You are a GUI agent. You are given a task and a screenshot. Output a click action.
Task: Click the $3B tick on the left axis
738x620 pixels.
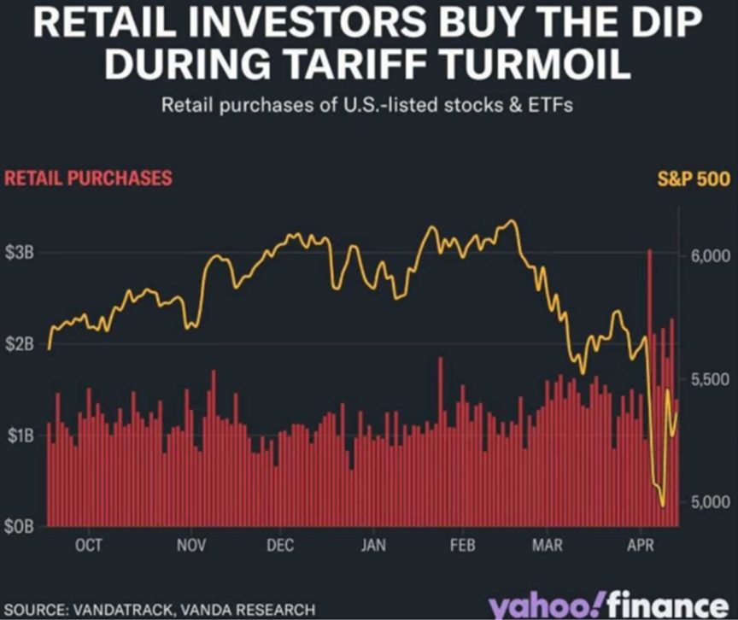pos(20,254)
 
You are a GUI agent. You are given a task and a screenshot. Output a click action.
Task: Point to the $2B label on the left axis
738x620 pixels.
pos(20,345)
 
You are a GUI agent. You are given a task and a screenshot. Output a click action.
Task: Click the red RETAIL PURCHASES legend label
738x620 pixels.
pos(88,178)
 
